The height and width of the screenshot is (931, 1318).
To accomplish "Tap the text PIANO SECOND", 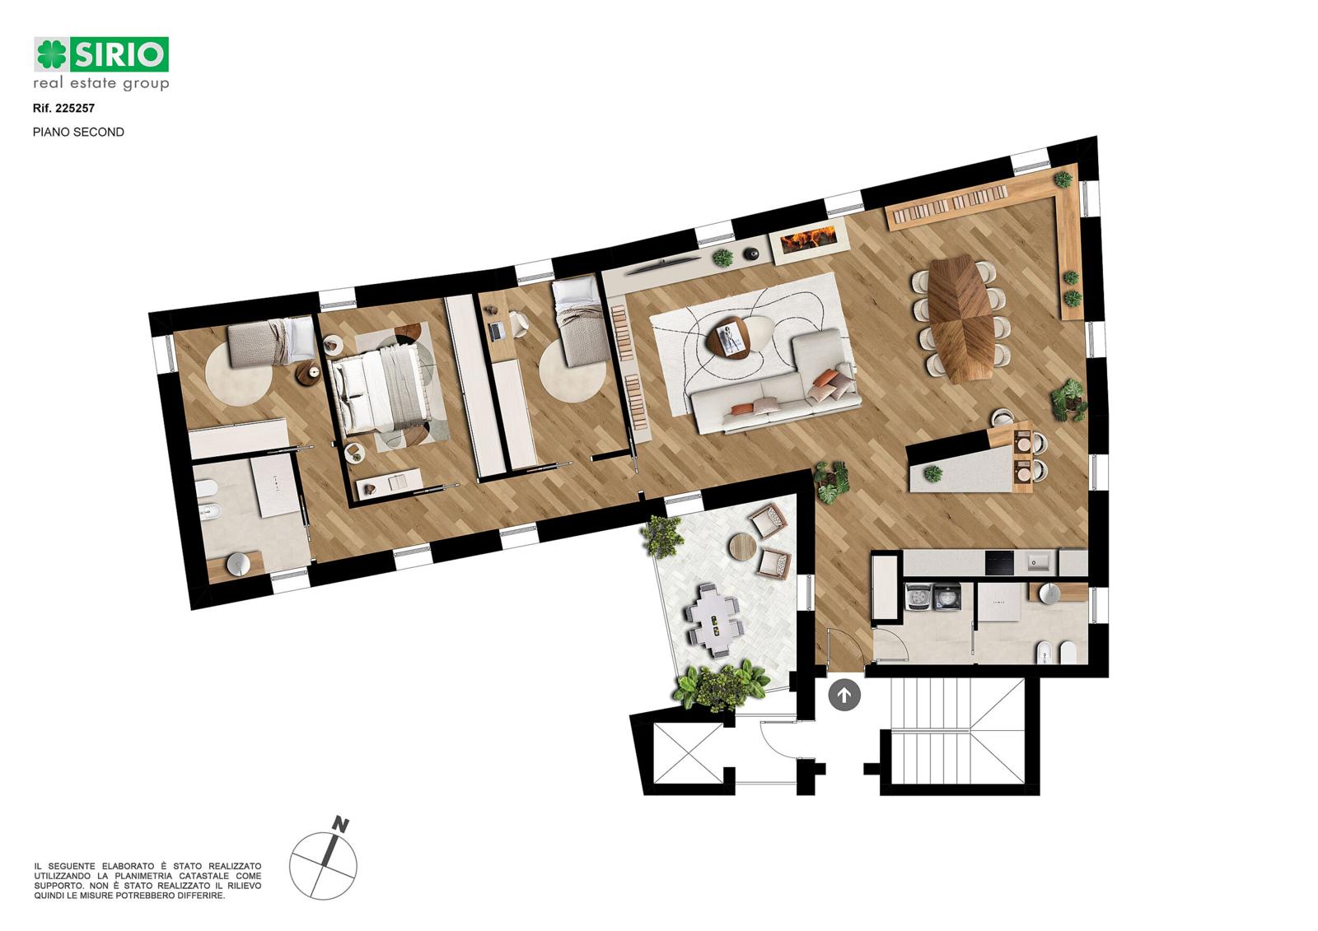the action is pos(78,133).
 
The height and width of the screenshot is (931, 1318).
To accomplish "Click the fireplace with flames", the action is pos(807,240).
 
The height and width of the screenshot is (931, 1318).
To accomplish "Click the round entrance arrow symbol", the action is pos(844,695).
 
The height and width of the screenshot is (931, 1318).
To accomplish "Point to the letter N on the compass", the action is pos(340,825).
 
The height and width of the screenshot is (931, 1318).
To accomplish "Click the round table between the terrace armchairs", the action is pos(742,547).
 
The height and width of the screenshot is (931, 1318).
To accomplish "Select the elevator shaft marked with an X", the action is pos(688,755).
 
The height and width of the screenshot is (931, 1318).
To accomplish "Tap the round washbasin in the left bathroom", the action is pos(238,564).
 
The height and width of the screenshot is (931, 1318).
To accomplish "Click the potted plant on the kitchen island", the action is pos(932,473).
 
